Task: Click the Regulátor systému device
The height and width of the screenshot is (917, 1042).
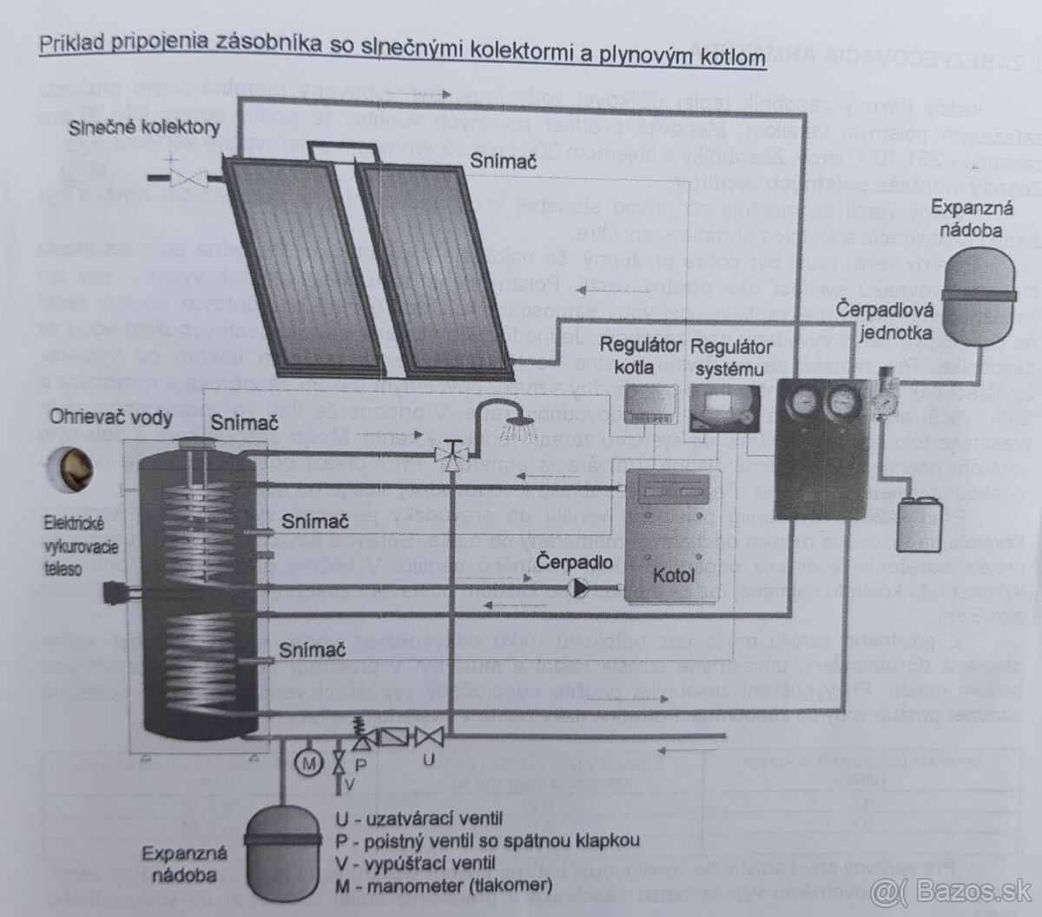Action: [x=724, y=404]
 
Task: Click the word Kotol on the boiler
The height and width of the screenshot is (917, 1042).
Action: [x=674, y=574]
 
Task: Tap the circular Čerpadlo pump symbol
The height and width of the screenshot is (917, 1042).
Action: [x=577, y=588]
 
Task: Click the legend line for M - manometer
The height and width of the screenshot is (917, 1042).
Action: [x=443, y=885]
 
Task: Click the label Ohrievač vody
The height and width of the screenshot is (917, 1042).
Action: [x=109, y=417]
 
